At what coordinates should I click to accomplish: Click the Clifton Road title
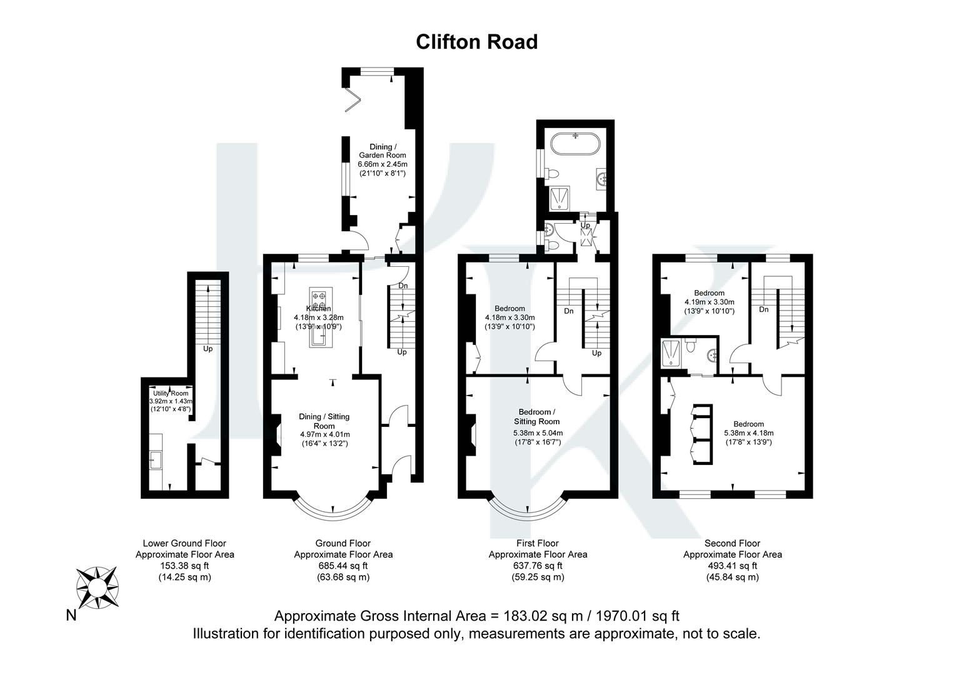(x=476, y=42)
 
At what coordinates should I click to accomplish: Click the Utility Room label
(x=171, y=393)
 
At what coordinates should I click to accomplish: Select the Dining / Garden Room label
(x=382, y=151)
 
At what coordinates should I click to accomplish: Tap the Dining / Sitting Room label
(x=324, y=421)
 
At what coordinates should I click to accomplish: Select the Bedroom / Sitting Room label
(x=537, y=416)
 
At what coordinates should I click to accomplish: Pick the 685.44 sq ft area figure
(x=343, y=566)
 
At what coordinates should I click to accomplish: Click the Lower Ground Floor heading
(x=184, y=543)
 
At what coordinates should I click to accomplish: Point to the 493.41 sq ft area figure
(x=732, y=566)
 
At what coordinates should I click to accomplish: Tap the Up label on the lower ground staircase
(x=208, y=348)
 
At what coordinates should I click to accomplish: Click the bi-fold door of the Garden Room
(x=353, y=97)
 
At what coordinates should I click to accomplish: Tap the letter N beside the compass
(x=71, y=616)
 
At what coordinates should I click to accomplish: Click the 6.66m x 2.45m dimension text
(x=382, y=164)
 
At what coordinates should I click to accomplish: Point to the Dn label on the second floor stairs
(x=763, y=309)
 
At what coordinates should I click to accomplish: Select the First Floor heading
(x=537, y=543)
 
